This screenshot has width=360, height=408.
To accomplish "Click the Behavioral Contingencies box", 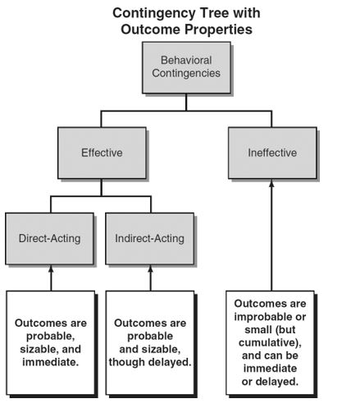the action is (186, 67).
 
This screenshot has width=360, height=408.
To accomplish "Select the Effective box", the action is (102, 153).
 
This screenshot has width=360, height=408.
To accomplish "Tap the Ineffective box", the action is (272, 153).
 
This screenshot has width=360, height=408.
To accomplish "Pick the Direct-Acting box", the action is (50, 239).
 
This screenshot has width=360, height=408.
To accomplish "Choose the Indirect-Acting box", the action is (150, 239).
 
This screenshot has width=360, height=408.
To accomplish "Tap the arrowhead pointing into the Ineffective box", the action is (271, 183).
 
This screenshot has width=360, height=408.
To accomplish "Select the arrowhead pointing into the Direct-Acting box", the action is (51, 269).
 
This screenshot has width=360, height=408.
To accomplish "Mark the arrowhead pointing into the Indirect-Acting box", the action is (150, 269).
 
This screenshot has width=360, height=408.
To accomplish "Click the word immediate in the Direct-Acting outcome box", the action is (51, 362).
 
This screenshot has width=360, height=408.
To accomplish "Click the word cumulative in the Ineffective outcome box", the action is (268, 342).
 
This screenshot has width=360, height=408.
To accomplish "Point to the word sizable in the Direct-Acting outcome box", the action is (39, 349).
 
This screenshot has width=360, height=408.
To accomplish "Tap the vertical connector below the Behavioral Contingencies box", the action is (186, 102).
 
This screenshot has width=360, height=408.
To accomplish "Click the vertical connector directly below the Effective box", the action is (102, 187).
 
